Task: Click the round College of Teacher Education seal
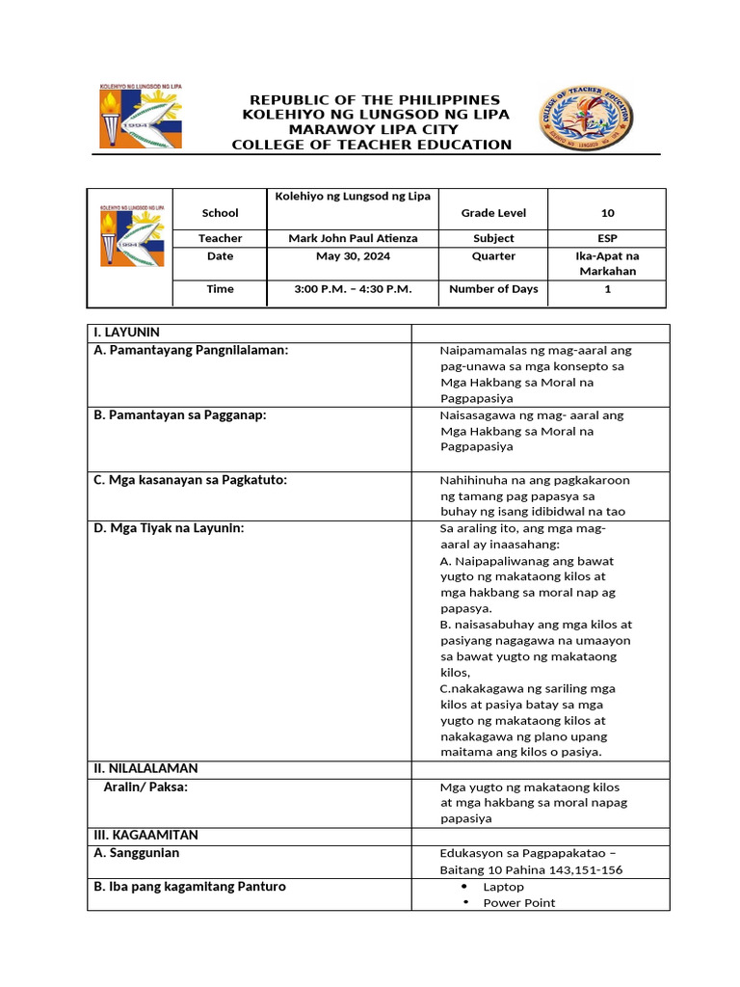click(586, 119)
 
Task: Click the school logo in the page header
click(141, 116)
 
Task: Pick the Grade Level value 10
click(607, 213)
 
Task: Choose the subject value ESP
click(607, 238)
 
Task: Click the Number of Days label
click(493, 289)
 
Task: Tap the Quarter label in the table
click(493, 256)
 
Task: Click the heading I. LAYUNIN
click(127, 332)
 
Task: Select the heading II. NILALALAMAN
click(145, 768)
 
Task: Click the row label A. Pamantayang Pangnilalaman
click(191, 351)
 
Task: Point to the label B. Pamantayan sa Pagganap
click(180, 414)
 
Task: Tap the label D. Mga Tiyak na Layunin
click(169, 527)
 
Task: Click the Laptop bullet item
click(503, 887)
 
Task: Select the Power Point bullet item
click(518, 903)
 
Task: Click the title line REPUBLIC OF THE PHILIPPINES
click(375, 100)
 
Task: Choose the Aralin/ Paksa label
click(145, 787)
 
